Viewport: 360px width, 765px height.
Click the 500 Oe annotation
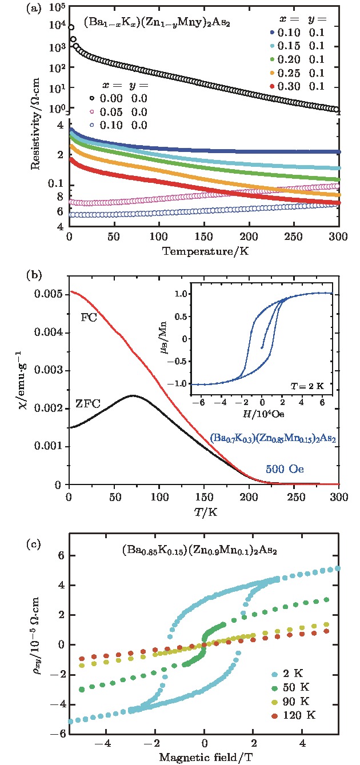pyautogui.click(x=283, y=469)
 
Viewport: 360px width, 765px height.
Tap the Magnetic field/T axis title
pyautogui.click(x=203, y=756)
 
